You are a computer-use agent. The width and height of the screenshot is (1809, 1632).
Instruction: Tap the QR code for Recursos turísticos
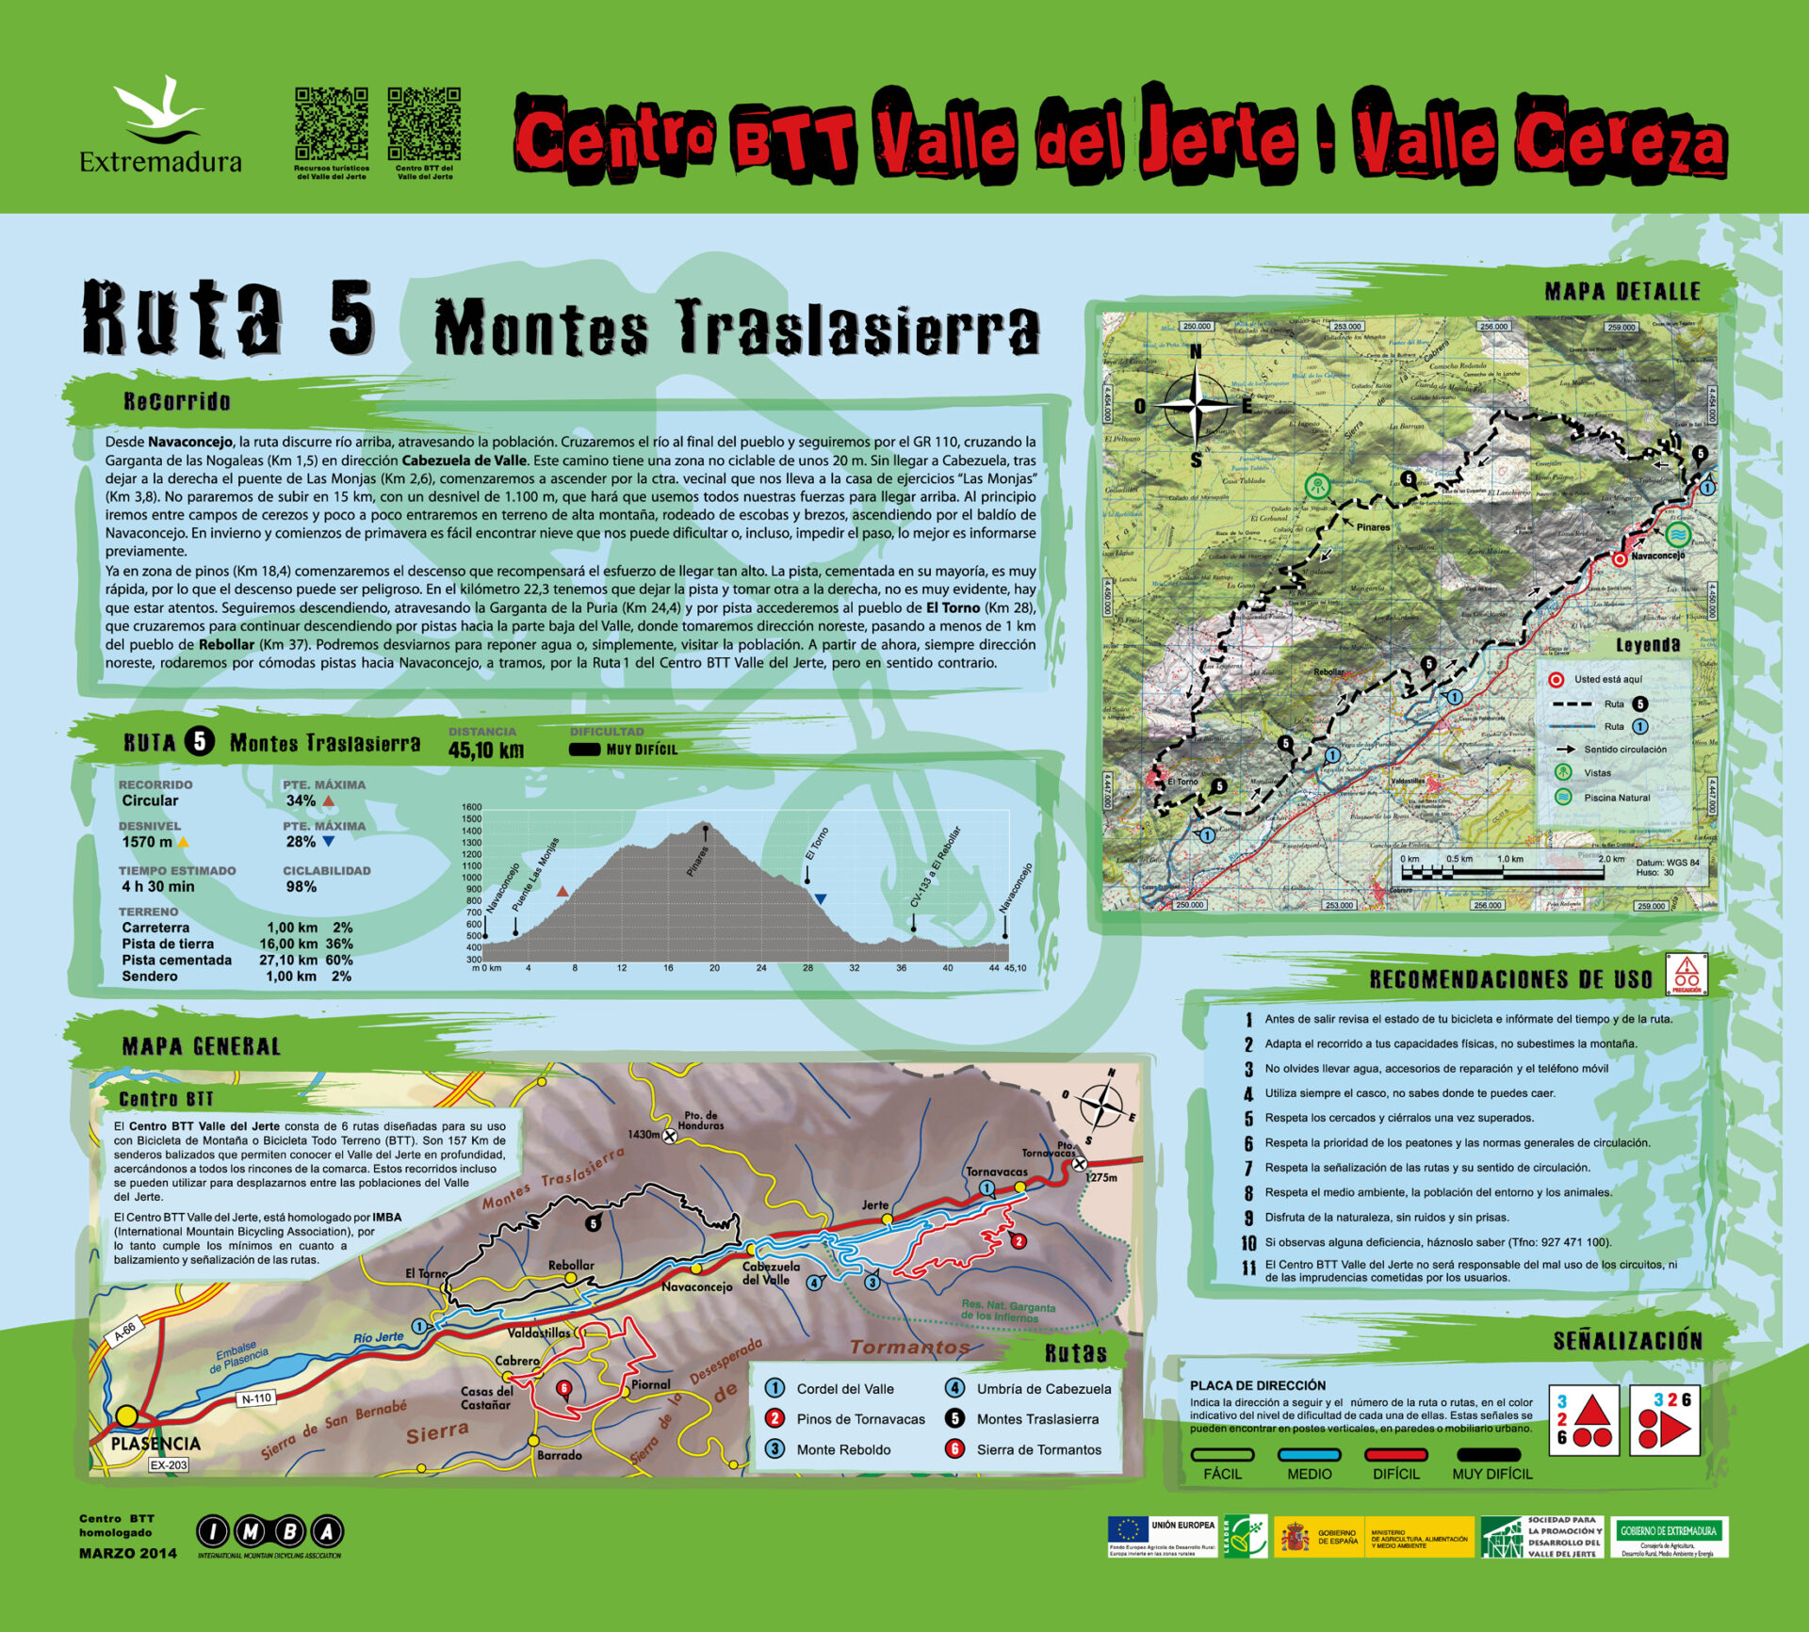[331, 123]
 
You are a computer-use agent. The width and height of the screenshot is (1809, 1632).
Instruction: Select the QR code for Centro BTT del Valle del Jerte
[424, 123]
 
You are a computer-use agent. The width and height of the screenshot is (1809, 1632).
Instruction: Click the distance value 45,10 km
[485, 751]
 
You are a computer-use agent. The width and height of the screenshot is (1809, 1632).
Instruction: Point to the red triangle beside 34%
[329, 801]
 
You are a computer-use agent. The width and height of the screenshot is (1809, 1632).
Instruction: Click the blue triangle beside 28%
[329, 842]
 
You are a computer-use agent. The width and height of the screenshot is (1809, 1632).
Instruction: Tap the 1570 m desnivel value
[147, 842]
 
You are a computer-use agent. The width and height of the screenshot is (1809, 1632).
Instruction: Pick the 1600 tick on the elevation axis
[471, 807]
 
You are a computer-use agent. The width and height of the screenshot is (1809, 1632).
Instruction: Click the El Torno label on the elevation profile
[817, 844]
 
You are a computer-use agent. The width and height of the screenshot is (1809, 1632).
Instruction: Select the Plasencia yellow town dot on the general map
[126, 1416]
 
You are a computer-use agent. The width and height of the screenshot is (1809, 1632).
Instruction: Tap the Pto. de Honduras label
[700, 1121]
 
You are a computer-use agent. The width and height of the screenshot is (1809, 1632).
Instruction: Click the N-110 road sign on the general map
[256, 1398]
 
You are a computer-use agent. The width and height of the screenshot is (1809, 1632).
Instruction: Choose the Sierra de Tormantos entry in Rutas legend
[1038, 1449]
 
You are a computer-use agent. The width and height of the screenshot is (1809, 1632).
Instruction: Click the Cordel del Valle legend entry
[844, 1388]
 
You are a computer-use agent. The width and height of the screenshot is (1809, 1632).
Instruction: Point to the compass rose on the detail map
[1196, 406]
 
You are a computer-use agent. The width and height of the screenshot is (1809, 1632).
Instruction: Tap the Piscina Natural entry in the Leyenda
[1617, 797]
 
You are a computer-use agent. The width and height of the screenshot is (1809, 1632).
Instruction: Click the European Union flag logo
[1128, 1530]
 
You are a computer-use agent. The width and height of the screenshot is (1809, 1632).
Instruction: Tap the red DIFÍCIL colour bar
[1395, 1454]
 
